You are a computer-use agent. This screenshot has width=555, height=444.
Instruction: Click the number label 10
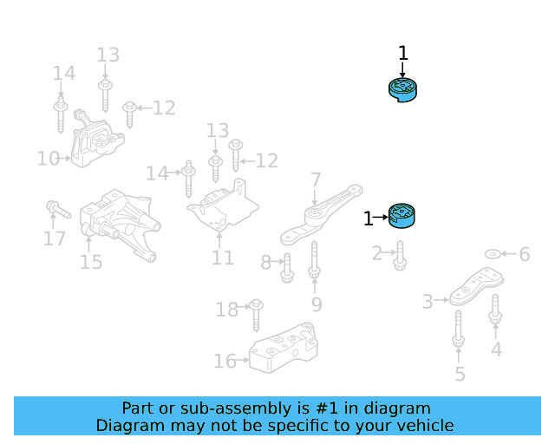[x=48, y=159]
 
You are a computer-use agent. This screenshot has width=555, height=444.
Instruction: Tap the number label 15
[x=91, y=261]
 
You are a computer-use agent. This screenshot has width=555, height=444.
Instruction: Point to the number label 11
[x=223, y=258]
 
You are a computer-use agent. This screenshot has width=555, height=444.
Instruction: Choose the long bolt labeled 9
[x=314, y=260]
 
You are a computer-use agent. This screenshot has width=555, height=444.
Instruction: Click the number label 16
[x=225, y=361]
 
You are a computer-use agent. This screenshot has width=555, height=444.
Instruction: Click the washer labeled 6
[x=492, y=254]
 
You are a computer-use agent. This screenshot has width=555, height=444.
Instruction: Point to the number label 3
[x=428, y=301]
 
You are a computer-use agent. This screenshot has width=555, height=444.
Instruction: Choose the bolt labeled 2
[x=401, y=255]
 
